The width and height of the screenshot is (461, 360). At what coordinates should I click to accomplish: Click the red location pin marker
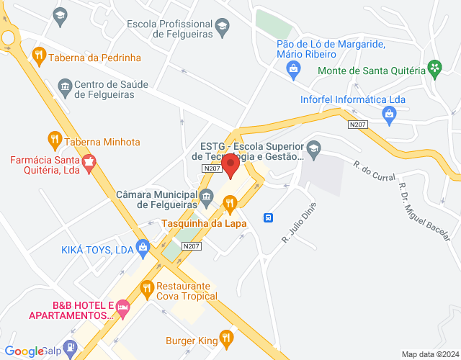[230, 165]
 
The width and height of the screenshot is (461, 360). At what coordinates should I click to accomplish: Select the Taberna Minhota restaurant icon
[54, 138]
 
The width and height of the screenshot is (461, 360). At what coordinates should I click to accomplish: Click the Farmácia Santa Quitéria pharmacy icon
[89, 163]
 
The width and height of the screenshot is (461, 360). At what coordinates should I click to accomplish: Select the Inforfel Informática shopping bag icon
[389, 112]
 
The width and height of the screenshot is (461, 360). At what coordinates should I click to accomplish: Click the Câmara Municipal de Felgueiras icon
[207, 196]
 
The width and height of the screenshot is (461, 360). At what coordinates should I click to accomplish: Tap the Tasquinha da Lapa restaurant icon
[230, 207]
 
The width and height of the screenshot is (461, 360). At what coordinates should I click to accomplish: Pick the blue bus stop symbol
[267, 217]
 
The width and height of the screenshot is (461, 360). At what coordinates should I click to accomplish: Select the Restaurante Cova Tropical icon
[147, 289]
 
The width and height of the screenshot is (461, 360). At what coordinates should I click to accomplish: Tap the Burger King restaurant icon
[227, 336]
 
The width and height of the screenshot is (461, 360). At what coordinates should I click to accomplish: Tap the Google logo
[24, 351]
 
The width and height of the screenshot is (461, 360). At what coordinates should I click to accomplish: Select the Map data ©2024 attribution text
[429, 354]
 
